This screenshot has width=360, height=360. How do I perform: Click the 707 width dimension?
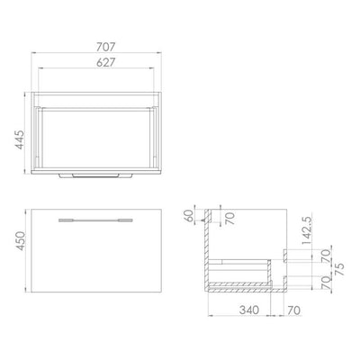pyautogui.click(x=105, y=47)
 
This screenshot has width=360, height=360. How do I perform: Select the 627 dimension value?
pyautogui.click(x=105, y=62)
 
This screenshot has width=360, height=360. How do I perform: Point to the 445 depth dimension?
pyautogui.click(x=20, y=139)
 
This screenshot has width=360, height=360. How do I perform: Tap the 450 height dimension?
pyautogui.click(x=21, y=241)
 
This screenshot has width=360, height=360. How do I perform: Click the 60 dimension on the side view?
pyautogui.click(x=189, y=216)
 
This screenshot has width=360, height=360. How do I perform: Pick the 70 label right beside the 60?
pyautogui.click(x=230, y=218)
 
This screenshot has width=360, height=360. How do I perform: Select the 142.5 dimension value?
pyautogui.click(x=307, y=229)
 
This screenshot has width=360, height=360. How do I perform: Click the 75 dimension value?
pyautogui.click(x=340, y=269)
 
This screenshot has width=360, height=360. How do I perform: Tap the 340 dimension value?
pyautogui.click(x=249, y=310)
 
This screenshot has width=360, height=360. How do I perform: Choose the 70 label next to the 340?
pyautogui.click(x=293, y=310)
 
